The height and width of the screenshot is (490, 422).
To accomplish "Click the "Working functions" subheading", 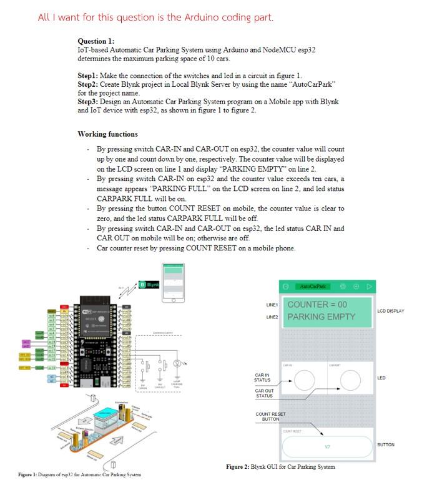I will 107,134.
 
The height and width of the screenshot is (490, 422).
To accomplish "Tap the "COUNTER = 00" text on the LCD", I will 316,305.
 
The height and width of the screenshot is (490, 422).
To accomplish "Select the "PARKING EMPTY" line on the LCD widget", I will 321,316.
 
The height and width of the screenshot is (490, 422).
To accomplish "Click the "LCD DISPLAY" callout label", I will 391,311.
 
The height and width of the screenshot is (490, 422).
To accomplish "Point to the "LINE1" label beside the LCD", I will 271,305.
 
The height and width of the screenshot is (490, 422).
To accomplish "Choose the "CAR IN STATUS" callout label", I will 262,378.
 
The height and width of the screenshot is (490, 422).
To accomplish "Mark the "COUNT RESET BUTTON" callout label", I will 270,416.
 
